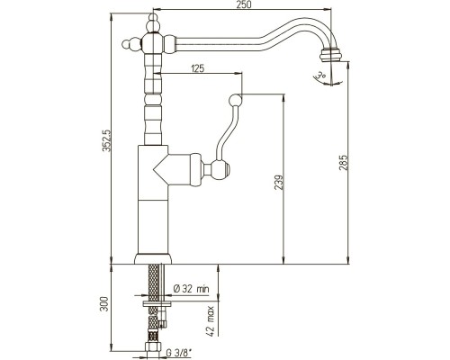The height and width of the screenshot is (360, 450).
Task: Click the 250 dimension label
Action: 244,4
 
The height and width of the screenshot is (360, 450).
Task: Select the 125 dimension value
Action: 197,68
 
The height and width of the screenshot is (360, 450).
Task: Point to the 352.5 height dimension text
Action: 107,140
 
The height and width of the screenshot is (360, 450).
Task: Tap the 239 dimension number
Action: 279,183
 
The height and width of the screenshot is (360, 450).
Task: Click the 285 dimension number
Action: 343,163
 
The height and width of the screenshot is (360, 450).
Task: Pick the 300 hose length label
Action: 103,304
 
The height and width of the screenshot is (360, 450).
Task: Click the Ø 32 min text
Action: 191,289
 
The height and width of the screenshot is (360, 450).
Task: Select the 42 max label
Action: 211,321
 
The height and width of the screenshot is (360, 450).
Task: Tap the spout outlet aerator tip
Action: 330,55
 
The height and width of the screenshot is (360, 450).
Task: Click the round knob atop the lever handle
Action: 235,100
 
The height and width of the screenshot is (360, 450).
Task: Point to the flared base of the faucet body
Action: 153,259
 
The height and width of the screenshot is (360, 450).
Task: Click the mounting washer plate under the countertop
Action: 157,304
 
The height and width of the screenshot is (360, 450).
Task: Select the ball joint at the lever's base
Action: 220,169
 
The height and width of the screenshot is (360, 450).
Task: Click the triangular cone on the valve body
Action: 160,170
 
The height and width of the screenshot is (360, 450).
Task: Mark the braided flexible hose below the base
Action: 153,303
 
